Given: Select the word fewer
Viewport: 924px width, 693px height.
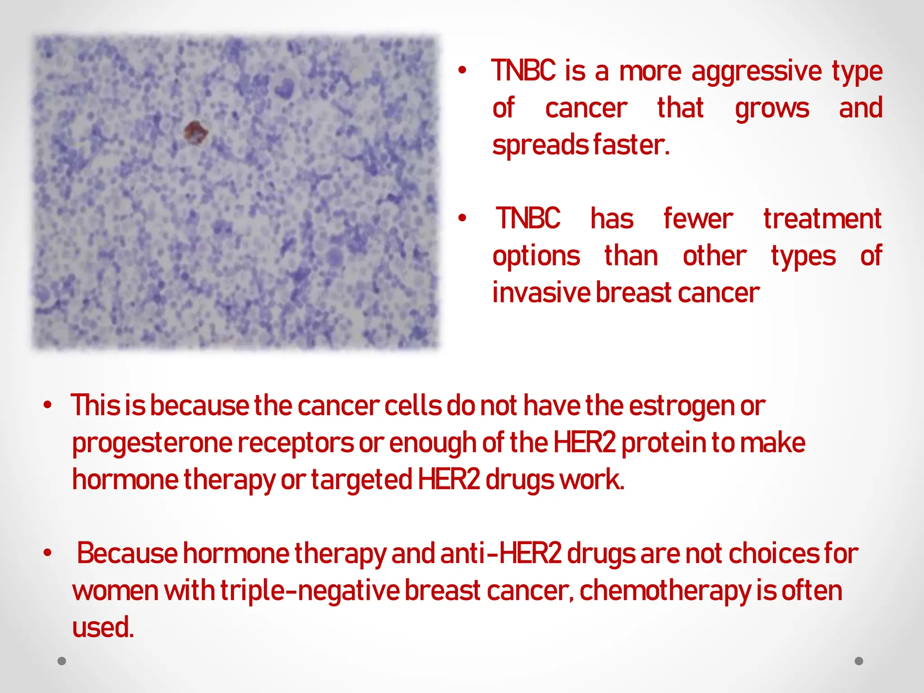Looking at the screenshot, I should (698, 219).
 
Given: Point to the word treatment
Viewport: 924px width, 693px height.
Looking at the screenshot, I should (822, 219).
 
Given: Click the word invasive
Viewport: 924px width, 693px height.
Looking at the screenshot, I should (541, 293).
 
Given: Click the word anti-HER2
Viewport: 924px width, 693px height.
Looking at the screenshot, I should (501, 554).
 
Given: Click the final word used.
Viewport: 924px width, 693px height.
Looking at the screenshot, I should (103, 628).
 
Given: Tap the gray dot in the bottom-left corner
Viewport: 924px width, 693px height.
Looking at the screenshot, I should (62, 661).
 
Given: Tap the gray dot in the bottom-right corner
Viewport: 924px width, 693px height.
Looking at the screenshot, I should (859, 661).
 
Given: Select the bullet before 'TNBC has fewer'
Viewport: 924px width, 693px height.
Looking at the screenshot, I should (462, 218).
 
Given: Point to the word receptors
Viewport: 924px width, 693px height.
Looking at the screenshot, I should (296, 443).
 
